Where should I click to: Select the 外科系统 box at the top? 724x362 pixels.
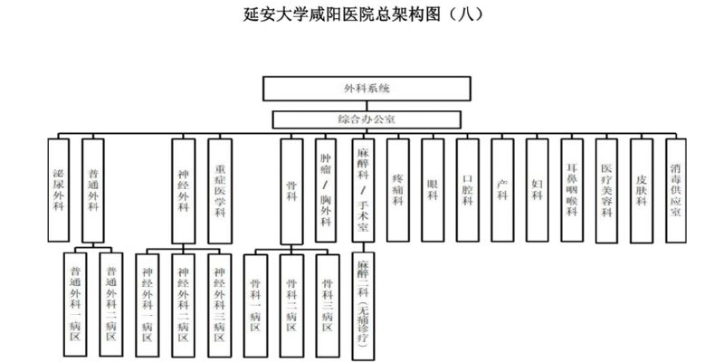pyautogui.click(x=367, y=89)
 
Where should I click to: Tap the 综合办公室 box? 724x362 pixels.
pyautogui.click(x=367, y=119)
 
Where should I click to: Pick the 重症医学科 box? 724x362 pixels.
pyautogui.click(x=219, y=189)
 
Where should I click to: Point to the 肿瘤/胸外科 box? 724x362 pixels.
pyautogui.click(x=326, y=189)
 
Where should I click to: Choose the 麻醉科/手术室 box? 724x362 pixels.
pyautogui.click(x=362, y=189)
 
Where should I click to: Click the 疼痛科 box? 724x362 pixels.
pyautogui.click(x=397, y=189)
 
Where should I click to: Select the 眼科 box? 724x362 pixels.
pyautogui.click(x=433, y=189)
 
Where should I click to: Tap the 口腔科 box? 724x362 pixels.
pyautogui.click(x=467, y=189)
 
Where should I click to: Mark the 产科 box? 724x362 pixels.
pyautogui.click(x=502, y=189)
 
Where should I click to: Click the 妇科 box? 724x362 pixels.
pyautogui.click(x=537, y=189)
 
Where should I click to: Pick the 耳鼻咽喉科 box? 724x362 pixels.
pyautogui.click(x=572, y=189)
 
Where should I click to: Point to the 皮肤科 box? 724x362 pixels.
pyautogui.click(x=642, y=189)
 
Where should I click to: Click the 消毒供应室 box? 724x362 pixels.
pyautogui.click(x=677, y=189)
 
